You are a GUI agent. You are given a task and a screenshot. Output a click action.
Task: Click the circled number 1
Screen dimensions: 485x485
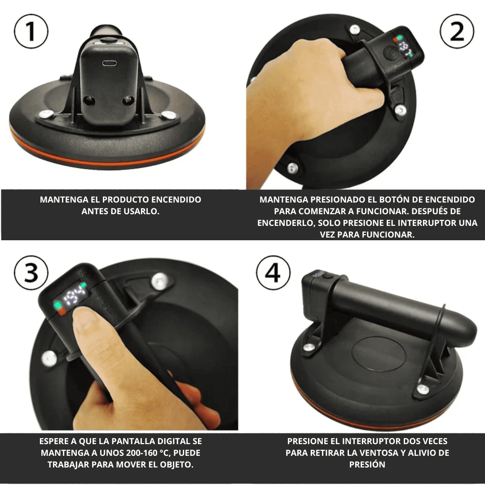(x=31, y=31)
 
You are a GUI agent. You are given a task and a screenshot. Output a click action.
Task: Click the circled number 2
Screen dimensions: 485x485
(x=457, y=31)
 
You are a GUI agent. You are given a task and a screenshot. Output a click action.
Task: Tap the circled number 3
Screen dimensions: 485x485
(x=31, y=273)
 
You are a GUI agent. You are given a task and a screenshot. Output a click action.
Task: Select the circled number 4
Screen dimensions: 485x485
(x=273, y=273)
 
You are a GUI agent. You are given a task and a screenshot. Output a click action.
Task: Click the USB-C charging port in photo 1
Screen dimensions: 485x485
(x=110, y=63)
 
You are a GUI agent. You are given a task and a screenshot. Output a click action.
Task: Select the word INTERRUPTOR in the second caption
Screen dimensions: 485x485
(x=427, y=223)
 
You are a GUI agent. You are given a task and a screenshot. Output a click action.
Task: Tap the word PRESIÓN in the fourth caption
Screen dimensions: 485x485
(x=367, y=464)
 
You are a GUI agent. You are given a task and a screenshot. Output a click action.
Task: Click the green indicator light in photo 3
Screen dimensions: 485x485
(x=57, y=305)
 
